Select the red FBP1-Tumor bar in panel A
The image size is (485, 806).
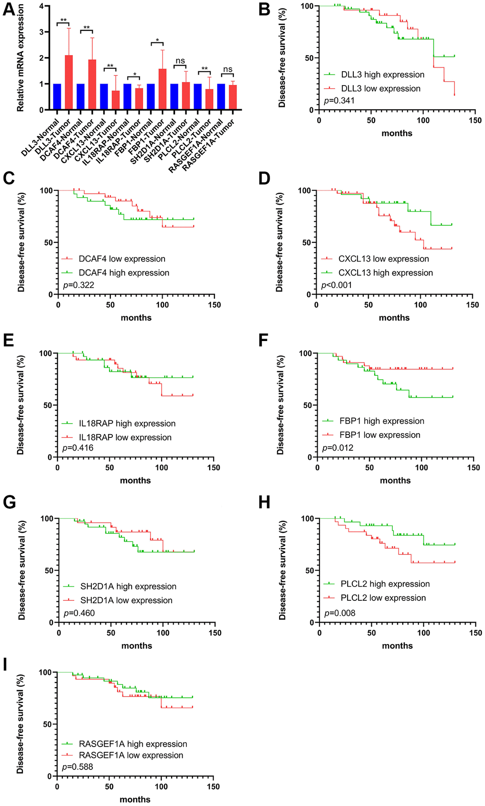tap(163, 90)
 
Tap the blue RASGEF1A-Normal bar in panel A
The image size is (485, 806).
tap(221, 97)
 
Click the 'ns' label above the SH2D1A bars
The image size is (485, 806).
tap(180, 61)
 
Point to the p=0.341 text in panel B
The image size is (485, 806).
tap(339, 101)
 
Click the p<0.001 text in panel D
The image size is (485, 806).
tap(337, 285)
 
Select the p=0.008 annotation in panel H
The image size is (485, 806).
tap(339, 613)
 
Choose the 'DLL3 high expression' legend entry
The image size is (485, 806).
tap(382, 75)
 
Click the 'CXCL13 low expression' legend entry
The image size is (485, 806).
tap(383, 259)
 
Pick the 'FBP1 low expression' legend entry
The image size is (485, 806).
tap(379, 435)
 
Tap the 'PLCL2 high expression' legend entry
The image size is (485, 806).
tap(385, 584)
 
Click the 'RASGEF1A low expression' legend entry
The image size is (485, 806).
tap(131, 755)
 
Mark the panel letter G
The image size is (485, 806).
tap(9, 503)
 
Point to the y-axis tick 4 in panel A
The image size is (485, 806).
tap(41, 6)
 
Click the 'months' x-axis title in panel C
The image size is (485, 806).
tap(136, 318)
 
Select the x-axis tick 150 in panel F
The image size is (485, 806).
tap(473, 467)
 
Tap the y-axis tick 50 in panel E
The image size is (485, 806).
tap(48, 405)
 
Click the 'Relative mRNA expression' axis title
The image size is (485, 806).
tap(20, 58)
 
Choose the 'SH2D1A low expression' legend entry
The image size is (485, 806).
tap(126, 600)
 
